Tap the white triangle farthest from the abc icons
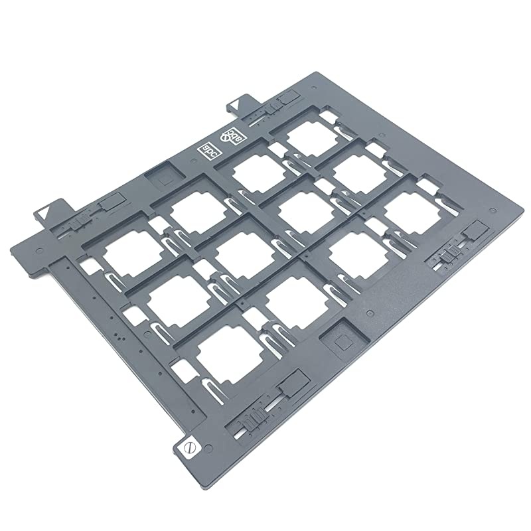point(44,214)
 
